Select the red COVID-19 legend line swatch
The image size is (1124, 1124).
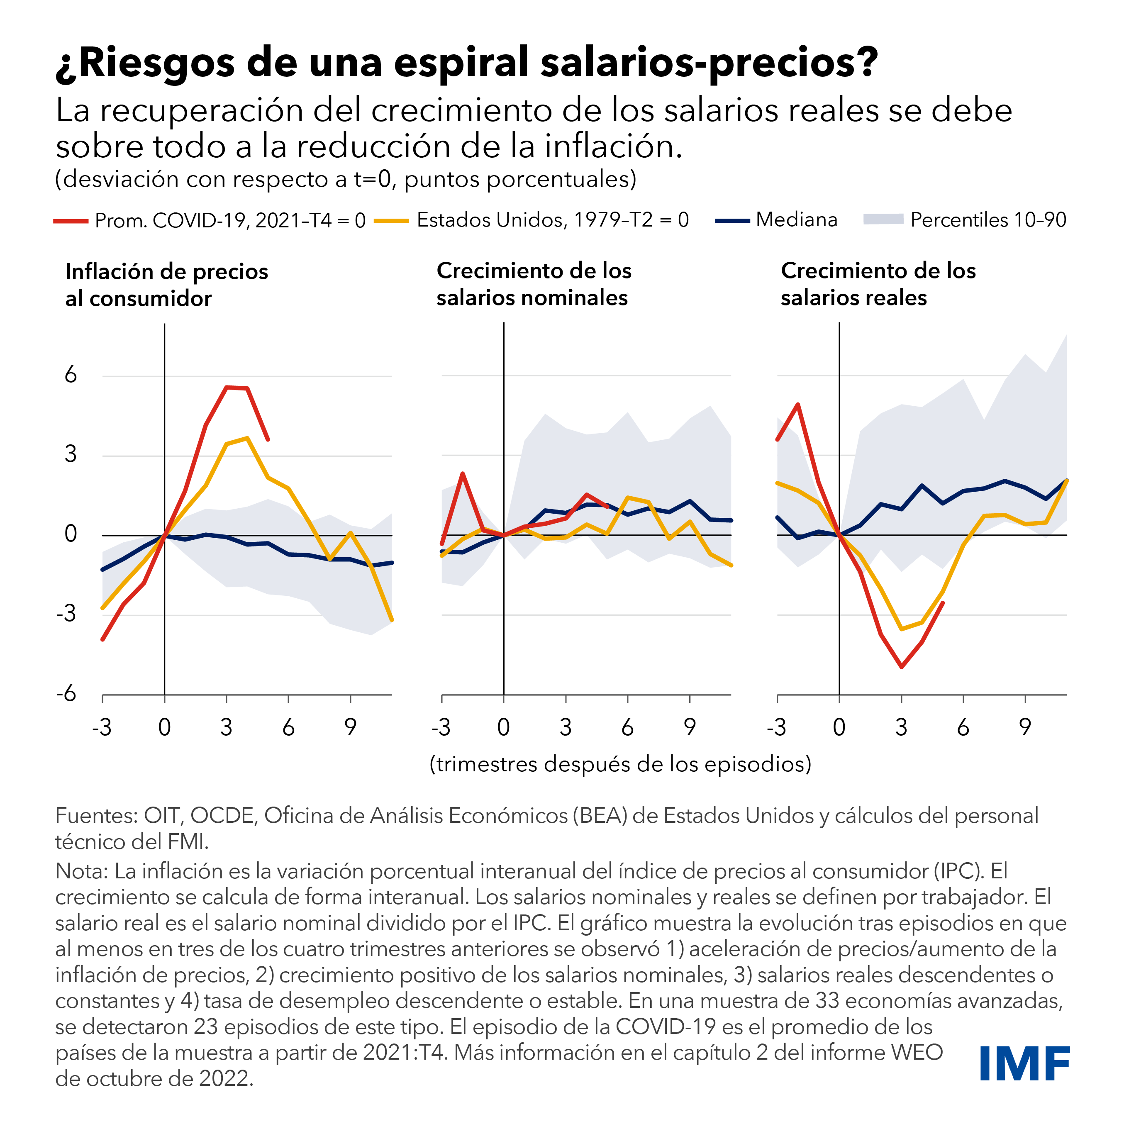coord(71,221)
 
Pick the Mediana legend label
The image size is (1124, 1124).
coord(797,220)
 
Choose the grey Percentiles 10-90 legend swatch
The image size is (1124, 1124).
coord(883,219)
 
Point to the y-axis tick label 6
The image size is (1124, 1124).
coord(71,375)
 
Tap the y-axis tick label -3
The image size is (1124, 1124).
coord(66,613)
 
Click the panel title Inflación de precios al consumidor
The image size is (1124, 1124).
coord(166,285)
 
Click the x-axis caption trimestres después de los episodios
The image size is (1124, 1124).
coord(620,764)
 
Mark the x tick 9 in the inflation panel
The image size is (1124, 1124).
coord(350,727)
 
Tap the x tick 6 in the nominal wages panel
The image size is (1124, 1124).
coord(627,727)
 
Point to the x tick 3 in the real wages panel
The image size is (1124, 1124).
coord(901,727)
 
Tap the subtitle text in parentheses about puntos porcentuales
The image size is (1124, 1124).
coord(346,179)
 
